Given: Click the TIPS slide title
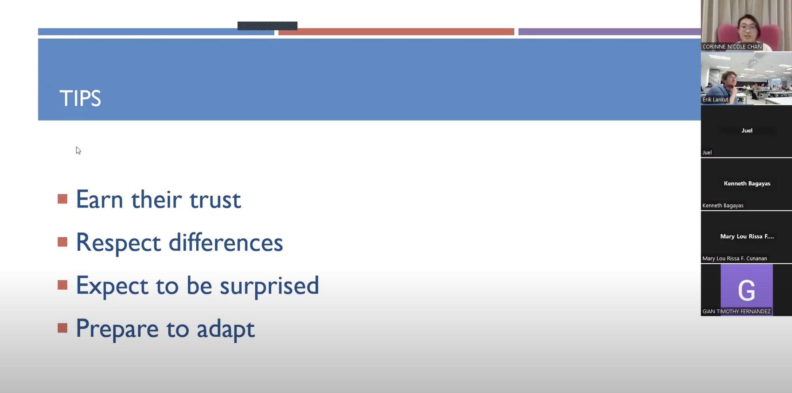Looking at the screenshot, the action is coord(80,98).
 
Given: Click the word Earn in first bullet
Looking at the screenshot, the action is coord(99,200).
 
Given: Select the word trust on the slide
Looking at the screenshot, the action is coord(215,200).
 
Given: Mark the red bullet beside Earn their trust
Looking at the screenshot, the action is coord(62,199).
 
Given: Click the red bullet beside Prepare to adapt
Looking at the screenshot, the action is coord(62,328).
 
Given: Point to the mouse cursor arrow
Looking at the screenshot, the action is coord(78,150).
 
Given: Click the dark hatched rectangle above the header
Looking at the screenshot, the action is coord(267,26).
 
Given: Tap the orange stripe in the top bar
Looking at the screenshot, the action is coord(396,32).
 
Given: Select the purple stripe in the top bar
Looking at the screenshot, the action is coord(609,32).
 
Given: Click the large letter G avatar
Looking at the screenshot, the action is coord(746,290).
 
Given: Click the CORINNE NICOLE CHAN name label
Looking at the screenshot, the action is coord(732,46).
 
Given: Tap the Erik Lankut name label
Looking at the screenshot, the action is coord(715,99).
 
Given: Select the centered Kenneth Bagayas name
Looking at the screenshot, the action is coord(747,183).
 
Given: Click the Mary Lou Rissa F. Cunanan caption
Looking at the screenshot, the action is coord(734,258).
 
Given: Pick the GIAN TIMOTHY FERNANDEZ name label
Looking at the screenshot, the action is coord(736,312).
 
